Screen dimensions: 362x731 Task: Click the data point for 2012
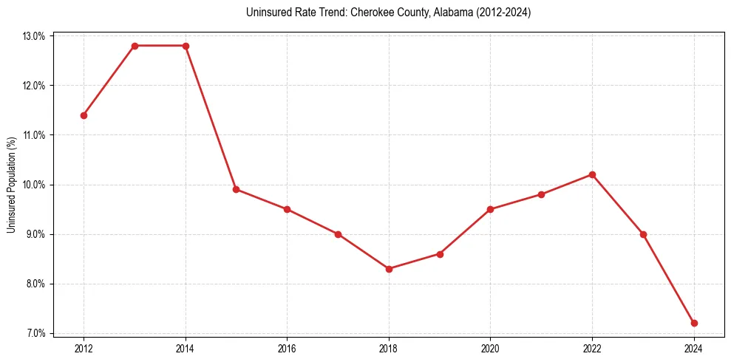coord(84,115)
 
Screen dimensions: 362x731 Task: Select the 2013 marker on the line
coord(135,46)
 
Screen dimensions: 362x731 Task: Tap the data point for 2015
coord(237,189)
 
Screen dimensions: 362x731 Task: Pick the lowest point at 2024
coord(694,323)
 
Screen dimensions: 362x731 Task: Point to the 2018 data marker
coord(389,269)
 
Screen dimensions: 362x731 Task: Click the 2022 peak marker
coord(592,174)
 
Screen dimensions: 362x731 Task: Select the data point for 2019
coord(440,254)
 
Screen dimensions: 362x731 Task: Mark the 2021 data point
coord(541,194)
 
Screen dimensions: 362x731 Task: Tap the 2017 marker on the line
coord(338,234)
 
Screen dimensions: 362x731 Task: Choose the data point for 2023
coord(643,234)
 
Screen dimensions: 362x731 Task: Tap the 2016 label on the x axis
coord(287,348)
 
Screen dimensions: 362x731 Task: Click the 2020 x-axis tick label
coord(490,348)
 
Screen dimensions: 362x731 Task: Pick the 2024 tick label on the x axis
coord(694,348)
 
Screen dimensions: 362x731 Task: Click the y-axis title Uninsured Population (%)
coord(11,185)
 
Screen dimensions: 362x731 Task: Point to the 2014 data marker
coord(186,46)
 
